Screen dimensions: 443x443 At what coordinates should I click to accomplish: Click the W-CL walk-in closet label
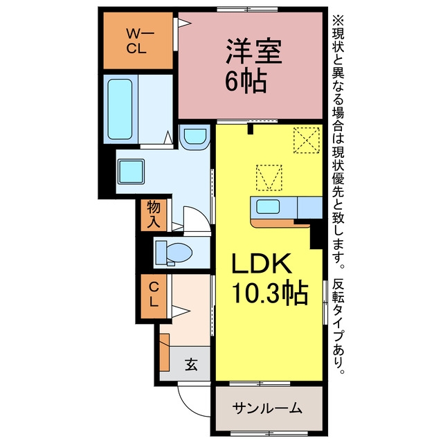[x=140, y=42]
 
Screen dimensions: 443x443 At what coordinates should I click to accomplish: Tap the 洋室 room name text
[x=254, y=53]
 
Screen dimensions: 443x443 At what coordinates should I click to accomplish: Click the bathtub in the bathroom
[x=120, y=109]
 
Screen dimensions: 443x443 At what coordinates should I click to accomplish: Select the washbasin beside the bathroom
[x=195, y=137]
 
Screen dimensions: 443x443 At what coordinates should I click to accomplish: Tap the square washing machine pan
[x=131, y=172]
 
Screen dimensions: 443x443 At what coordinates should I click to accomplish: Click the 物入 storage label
[x=154, y=215]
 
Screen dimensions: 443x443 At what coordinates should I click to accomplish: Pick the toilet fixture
[x=174, y=252]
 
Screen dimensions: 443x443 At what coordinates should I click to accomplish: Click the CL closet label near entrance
[x=154, y=295]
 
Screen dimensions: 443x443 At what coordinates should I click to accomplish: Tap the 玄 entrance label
[x=191, y=365]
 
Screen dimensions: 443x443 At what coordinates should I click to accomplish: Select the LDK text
[x=262, y=264]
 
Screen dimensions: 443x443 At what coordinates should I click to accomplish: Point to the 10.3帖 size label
[x=269, y=292]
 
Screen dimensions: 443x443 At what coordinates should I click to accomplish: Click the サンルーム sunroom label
[x=267, y=408]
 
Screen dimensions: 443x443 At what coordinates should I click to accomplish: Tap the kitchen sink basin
[x=268, y=206]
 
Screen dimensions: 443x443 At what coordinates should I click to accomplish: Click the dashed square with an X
[x=307, y=140]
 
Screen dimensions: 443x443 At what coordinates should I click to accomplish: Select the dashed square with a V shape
[x=269, y=177]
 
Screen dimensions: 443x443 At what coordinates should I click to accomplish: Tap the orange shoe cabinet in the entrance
[x=165, y=352]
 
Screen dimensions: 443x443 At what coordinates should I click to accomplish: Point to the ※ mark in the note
[x=338, y=21]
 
